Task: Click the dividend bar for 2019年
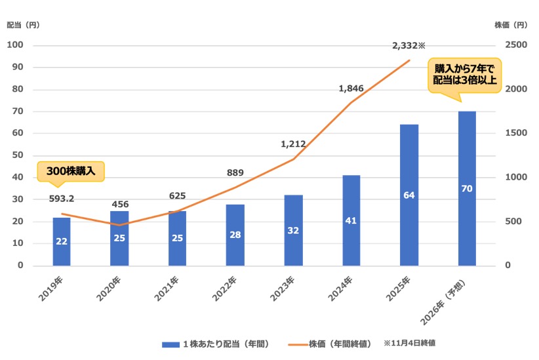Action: click(x=62, y=241)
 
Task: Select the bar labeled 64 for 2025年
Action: click(x=409, y=195)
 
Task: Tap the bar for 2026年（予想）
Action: click(x=467, y=188)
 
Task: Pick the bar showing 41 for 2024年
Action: click(x=351, y=220)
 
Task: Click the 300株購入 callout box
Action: click(x=71, y=170)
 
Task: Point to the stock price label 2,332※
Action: click(x=409, y=46)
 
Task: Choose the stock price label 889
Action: click(x=235, y=173)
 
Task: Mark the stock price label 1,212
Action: click(x=293, y=143)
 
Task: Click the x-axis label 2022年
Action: click(x=224, y=290)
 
